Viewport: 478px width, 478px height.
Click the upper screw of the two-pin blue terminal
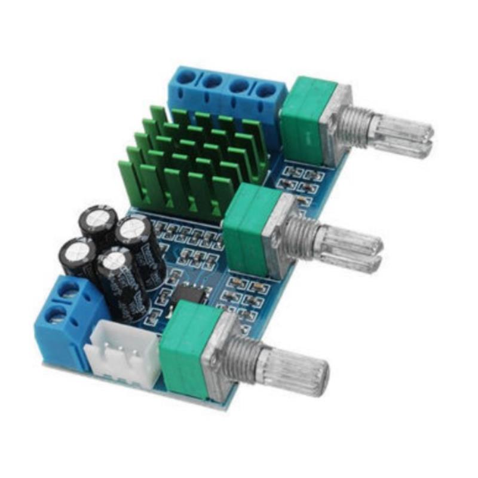click(71, 290)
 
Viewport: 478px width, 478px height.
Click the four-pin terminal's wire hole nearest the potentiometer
click(266, 91)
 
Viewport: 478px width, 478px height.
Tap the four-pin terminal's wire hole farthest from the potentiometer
click(186, 76)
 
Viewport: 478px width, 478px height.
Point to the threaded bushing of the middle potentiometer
click(302, 234)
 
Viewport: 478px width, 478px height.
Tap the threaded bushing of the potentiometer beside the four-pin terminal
click(353, 122)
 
